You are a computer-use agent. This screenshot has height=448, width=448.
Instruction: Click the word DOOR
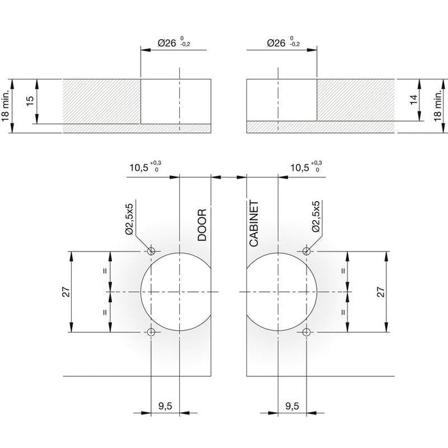[202, 225]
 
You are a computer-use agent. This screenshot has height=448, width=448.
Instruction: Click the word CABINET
[253, 223]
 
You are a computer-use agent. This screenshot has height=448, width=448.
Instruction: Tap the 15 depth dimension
[30, 101]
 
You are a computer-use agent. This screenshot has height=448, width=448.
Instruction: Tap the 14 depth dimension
[414, 99]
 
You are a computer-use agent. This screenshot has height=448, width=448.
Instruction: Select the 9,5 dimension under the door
[165, 406]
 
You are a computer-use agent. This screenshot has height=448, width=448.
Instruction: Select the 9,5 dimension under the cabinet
[292, 406]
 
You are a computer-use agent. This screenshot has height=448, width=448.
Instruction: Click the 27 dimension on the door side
[66, 292]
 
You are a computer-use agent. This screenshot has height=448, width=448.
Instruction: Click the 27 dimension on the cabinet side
[381, 292]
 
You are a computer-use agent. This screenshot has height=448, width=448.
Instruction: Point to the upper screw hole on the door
[151, 252]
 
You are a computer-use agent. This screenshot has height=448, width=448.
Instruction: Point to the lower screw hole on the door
[151, 332]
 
